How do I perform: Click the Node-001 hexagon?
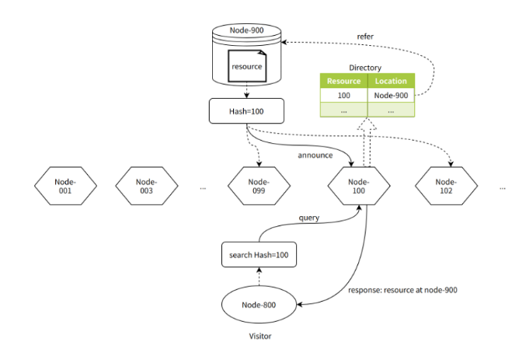pos(65,186)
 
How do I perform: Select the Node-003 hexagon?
pos(147,186)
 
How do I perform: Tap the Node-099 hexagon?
pos(259,186)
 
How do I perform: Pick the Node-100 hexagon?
pos(359,186)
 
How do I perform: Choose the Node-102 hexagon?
pos(446,186)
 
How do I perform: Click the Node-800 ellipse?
pos(259,305)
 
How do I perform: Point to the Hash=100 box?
pos(246,111)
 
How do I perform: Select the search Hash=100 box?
pos(259,255)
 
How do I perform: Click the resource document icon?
pos(247,66)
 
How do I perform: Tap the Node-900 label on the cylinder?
pos(246,30)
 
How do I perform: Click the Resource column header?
pos(344,81)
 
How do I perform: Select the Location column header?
pos(391,81)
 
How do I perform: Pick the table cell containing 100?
pos(344,96)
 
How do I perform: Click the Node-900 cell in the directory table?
pos(391,96)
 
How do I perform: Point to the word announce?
pos(315,156)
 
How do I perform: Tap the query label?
pos(308,218)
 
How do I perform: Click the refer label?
pos(365,37)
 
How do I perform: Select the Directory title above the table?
pos(365,68)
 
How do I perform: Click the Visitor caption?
pos(260,336)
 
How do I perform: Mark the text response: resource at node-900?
pos(402,290)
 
